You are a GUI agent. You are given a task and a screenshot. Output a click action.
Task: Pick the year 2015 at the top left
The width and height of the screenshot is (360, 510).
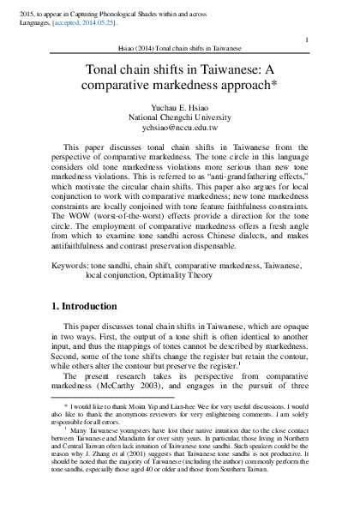(12, 7)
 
